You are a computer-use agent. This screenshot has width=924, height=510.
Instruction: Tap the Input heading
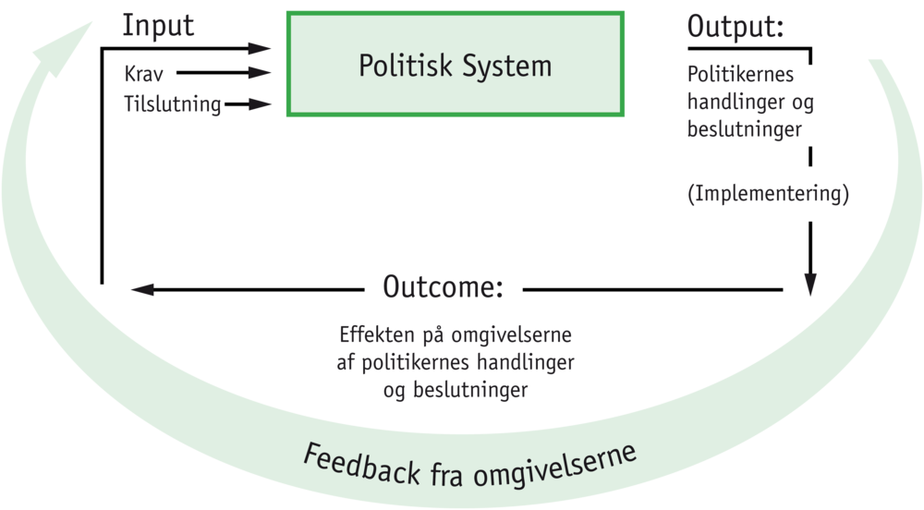click(x=159, y=27)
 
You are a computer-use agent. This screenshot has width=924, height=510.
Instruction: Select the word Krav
click(x=143, y=73)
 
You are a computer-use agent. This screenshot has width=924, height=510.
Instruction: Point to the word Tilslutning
click(x=173, y=104)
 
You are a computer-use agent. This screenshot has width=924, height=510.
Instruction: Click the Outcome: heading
click(x=444, y=287)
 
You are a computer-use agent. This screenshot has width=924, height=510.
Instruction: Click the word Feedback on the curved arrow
click(x=351, y=458)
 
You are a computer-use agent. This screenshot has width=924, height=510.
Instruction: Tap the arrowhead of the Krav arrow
click(x=268, y=73)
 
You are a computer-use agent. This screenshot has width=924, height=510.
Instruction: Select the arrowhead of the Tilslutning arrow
click(x=268, y=104)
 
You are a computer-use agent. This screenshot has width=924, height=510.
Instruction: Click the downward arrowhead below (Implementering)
click(x=810, y=285)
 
